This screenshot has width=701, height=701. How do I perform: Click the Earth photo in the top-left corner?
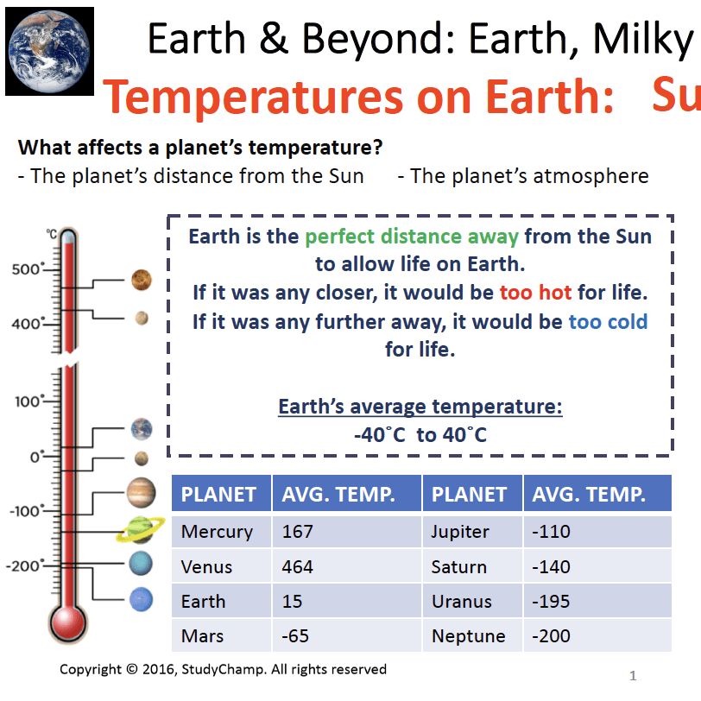[x=49, y=50]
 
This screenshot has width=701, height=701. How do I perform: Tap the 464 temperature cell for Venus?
[x=298, y=567]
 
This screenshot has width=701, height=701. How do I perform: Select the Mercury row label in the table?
[x=217, y=532]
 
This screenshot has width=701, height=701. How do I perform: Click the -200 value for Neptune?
[x=552, y=636]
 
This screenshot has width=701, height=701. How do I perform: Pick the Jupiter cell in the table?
[x=460, y=532]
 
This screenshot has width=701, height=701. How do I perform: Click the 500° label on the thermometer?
[x=28, y=269]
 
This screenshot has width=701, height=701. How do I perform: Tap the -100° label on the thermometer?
[x=26, y=511]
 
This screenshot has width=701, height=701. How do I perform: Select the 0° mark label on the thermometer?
[x=35, y=457]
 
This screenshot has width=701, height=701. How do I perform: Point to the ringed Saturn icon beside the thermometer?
[x=139, y=529]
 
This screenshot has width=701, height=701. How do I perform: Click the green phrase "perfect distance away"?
[x=412, y=237]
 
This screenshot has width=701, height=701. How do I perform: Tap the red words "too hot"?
[x=535, y=293]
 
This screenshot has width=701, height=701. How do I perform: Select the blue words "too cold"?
[x=608, y=322]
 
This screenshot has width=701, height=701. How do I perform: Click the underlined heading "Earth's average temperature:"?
[x=420, y=407]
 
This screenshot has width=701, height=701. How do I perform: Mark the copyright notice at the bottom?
[x=223, y=669]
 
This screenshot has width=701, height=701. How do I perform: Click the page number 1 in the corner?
[x=634, y=676]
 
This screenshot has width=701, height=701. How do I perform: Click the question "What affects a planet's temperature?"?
[x=200, y=148]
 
